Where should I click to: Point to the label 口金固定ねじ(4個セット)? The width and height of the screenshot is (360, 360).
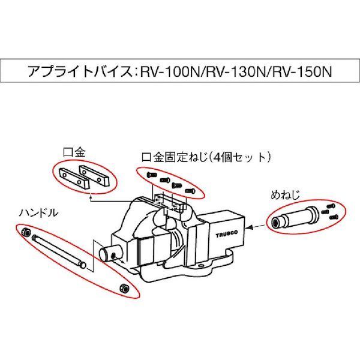pyautogui.click(x=206, y=157)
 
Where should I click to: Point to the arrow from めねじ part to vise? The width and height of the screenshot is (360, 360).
pyautogui.click(x=256, y=225)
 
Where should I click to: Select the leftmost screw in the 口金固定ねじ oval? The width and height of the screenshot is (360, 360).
pyautogui.click(x=151, y=174)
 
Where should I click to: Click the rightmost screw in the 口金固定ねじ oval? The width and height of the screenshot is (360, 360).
pyautogui.click(x=190, y=191)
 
